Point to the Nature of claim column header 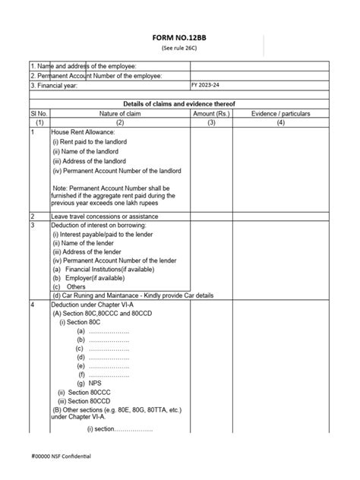tap(120, 112)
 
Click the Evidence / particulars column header tap(280, 112)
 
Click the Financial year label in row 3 tap(61, 85)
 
